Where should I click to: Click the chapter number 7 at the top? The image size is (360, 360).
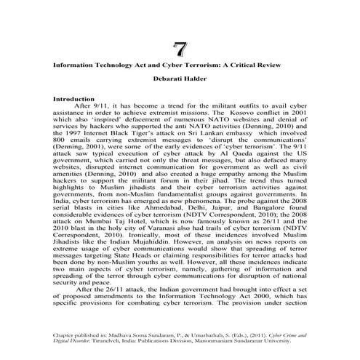click(179, 49)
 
